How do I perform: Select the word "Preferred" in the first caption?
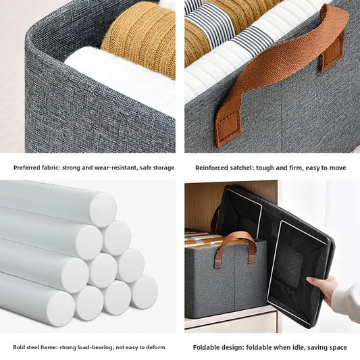tap(26, 168)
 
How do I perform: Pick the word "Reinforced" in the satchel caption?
tap(211, 168)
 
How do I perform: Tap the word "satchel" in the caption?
tap(242, 168)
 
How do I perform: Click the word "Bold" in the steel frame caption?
tap(19, 347)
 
